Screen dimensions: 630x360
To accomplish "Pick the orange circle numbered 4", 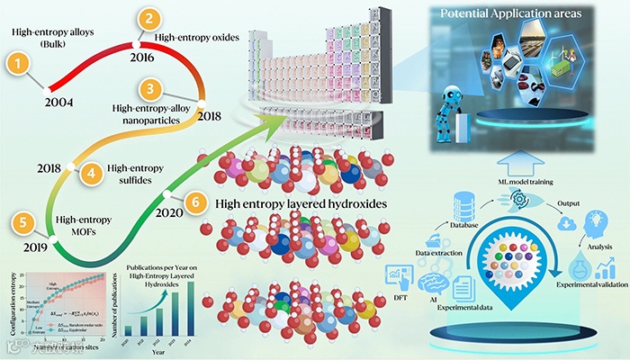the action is [x=88, y=173].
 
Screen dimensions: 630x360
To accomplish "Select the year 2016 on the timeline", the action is [x=141, y=58].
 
